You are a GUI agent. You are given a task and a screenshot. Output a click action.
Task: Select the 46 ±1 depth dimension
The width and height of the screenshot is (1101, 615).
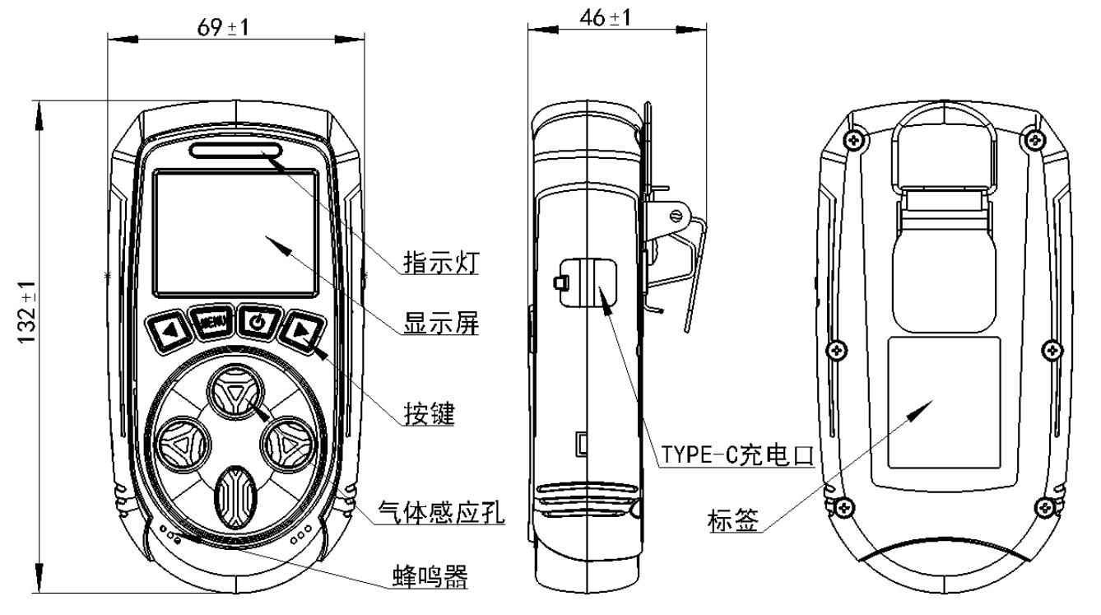[605, 18]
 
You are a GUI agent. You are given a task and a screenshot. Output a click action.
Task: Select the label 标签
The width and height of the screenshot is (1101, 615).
[732, 519]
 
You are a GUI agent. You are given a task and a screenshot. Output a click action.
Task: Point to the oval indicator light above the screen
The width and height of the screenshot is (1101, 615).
[235, 150]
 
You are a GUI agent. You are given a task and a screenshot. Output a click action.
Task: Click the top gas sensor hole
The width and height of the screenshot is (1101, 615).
[235, 394]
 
